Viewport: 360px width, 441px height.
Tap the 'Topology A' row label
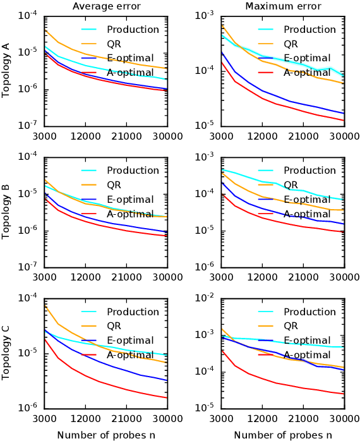(x=6, y=69)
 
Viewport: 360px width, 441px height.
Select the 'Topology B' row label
(x=6, y=211)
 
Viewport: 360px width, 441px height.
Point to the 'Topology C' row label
(x=6, y=353)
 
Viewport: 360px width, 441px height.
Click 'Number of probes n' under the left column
(x=106, y=435)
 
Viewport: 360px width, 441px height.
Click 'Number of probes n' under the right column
(x=283, y=435)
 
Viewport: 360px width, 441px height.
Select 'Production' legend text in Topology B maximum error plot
(x=309, y=171)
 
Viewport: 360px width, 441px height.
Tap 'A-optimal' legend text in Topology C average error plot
(x=130, y=355)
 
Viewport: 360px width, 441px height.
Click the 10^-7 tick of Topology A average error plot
(x=29, y=125)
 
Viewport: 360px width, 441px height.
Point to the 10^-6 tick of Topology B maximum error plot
(x=206, y=267)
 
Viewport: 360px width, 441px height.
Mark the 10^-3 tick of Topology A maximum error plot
(x=206, y=15)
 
